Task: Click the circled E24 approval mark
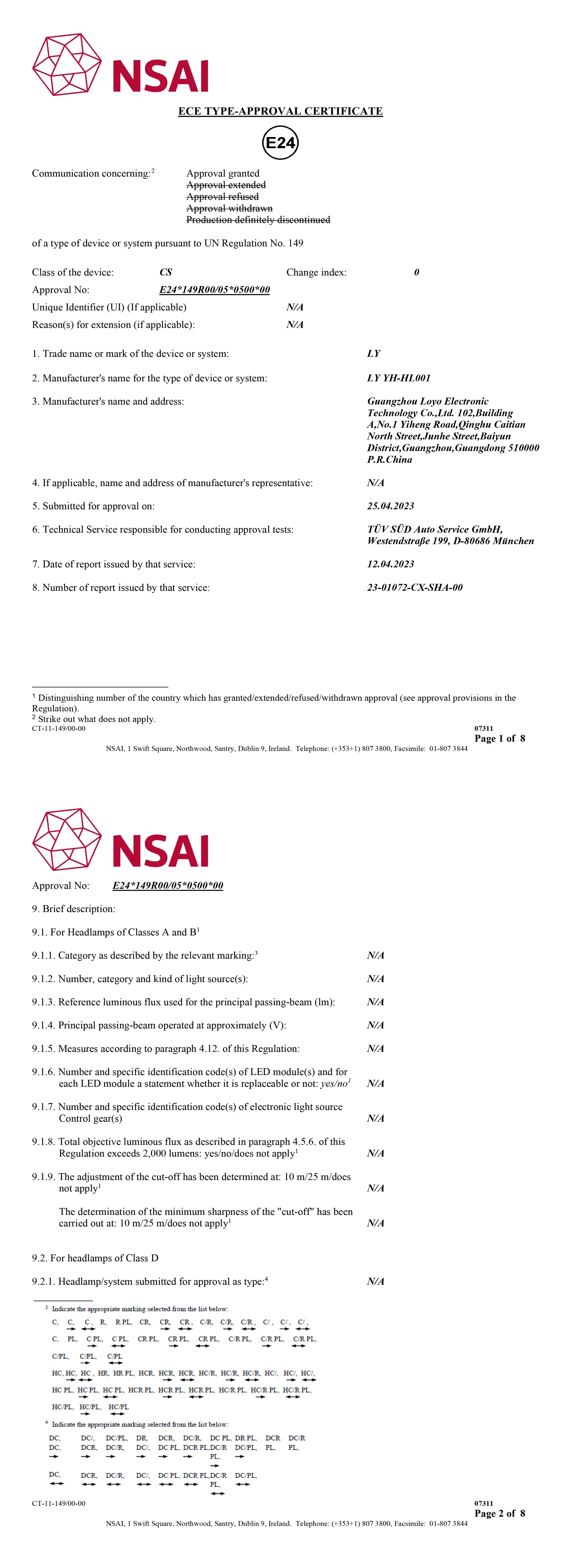click(280, 143)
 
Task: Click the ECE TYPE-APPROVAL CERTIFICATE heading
click(280, 111)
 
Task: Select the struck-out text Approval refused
click(223, 197)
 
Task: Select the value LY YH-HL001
click(399, 378)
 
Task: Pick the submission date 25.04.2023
click(390, 506)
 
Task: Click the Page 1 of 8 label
click(499, 739)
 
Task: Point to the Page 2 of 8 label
click(499, 1513)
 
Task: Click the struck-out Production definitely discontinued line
click(258, 220)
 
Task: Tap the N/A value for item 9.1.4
click(375, 1025)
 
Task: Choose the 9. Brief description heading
click(73, 909)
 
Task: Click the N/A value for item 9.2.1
click(375, 1282)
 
